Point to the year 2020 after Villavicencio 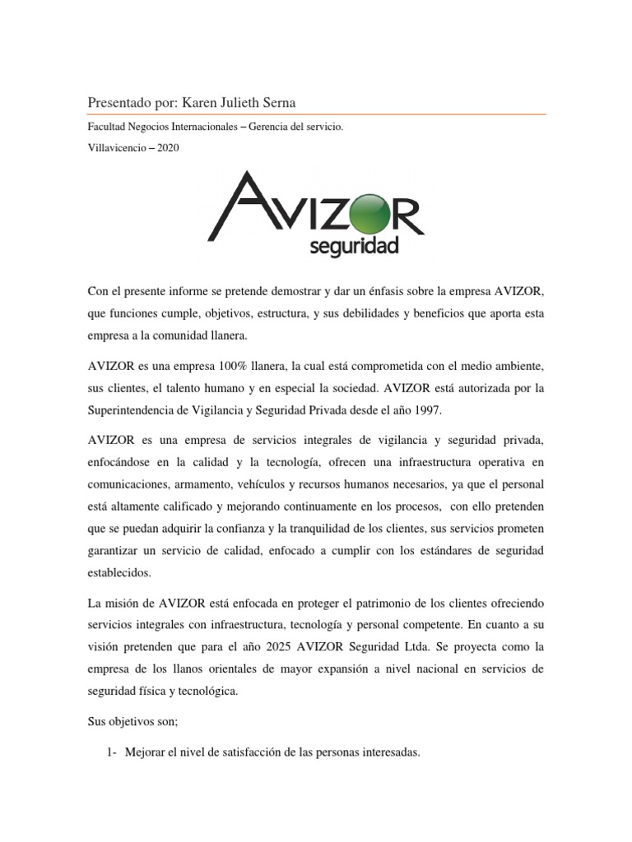[165, 147]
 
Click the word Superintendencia [137, 408]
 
